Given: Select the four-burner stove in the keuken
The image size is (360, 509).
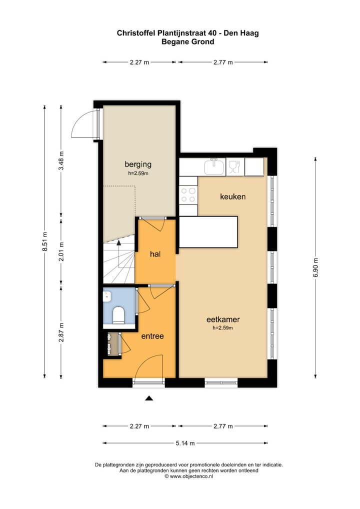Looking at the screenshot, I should tap(188, 194).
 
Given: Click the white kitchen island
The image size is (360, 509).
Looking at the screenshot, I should tap(208, 232).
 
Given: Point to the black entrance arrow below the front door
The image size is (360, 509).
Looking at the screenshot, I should tap(148, 398).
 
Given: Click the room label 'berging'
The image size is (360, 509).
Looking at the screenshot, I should tap(138, 164).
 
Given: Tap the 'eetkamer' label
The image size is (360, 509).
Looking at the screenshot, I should tap(223, 319).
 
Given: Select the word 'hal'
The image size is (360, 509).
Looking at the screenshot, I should tap(155, 254).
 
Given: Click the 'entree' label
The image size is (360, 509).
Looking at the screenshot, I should tap(152, 336).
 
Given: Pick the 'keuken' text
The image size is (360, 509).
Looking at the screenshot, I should tap(233, 196).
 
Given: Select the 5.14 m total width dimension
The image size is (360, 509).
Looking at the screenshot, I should tap(185, 443).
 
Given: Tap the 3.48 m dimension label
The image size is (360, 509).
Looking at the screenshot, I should tap(61, 161).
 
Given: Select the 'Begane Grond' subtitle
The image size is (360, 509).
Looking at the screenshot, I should tap(187, 42).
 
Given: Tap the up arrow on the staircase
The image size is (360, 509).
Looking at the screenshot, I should tap(119, 243).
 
